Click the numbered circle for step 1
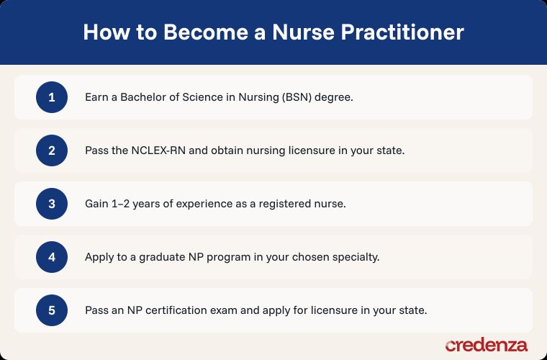(x=52, y=97)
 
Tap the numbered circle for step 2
(x=52, y=150)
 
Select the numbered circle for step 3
(x=52, y=204)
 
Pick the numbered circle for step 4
(x=52, y=257)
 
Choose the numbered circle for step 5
(x=52, y=310)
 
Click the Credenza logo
(x=487, y=345)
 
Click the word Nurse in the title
(x=303, y=32)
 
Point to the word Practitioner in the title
(x=402, y=32)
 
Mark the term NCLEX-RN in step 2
(x=153, y=150)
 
